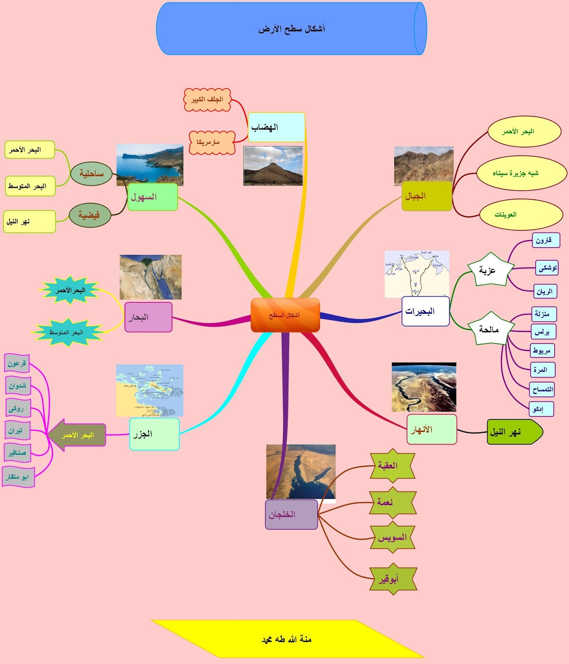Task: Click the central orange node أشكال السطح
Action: (285, 315)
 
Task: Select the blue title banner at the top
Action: (291, 29)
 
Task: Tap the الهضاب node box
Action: (276, 127)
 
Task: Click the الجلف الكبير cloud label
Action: (207, 100)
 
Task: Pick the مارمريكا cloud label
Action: (212, 142)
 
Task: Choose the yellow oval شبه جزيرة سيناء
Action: (521, 173)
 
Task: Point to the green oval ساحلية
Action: (91, 173)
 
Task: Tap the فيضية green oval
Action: (90, 215)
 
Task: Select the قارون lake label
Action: (545, 240)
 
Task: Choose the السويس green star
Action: (392, 538)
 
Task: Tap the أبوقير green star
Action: (392, 579)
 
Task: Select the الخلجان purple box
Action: (291, 515)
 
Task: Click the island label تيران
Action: (17, 430)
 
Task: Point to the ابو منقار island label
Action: (18, 477)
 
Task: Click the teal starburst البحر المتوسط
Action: (67, 332)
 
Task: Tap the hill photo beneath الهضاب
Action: (273, 166)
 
